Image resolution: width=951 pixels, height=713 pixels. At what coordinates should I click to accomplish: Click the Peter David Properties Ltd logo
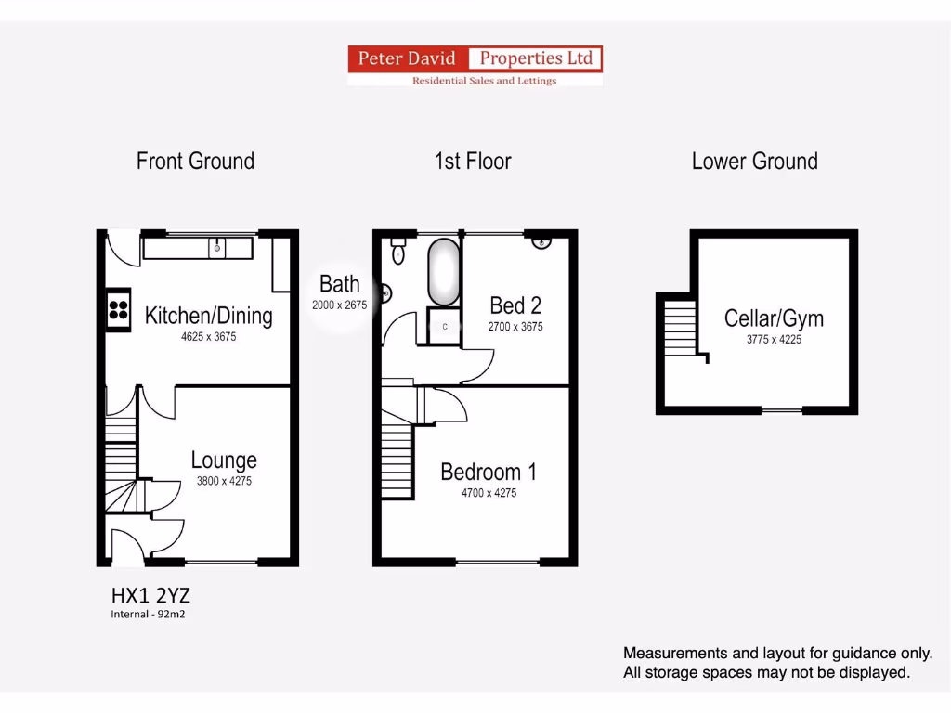pos(475,66)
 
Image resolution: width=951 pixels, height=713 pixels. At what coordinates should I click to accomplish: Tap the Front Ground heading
pos(195,161)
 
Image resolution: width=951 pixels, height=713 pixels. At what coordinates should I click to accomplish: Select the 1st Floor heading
pos(473,161)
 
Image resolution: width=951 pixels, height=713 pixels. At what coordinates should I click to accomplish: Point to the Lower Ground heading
pos(754,161)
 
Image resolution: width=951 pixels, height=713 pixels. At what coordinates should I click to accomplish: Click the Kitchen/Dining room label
pos(209,316)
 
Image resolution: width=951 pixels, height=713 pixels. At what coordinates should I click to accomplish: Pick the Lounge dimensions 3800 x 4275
pos(224,481)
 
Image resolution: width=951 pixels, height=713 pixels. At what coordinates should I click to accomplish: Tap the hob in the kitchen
pos(118,309)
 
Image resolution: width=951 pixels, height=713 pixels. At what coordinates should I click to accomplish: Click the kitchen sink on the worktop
pos(217,248)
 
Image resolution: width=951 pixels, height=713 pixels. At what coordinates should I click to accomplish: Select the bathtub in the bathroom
pos(443,272)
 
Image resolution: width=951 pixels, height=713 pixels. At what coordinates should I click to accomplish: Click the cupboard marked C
pos(445,326)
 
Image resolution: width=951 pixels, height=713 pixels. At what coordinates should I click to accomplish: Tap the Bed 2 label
pos(515,305)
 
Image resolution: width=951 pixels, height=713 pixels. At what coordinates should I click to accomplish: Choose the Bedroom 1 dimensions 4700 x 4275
pos(489,493)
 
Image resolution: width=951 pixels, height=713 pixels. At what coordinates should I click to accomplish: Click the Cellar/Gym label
pos(774,318)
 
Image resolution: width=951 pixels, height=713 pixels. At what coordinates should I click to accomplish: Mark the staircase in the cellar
pos(680,326)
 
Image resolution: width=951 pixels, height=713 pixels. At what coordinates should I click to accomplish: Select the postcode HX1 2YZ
pos(150,595)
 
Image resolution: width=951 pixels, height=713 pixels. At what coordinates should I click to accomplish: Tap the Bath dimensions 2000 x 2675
pos(340,304)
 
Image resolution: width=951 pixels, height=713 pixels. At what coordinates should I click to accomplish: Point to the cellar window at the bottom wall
pos(782,409)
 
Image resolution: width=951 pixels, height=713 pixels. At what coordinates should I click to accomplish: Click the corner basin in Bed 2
pos(541,243)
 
